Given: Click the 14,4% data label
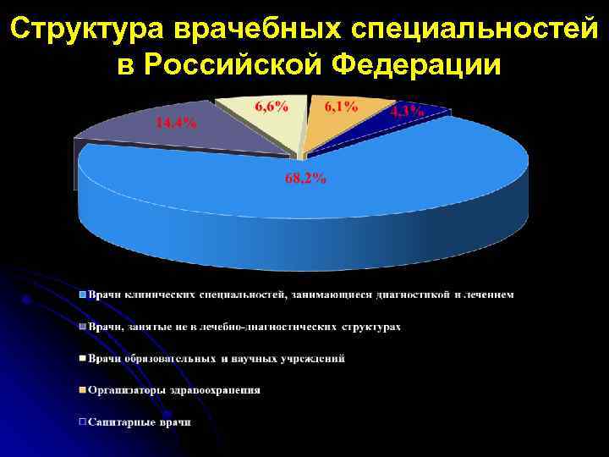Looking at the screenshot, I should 176,122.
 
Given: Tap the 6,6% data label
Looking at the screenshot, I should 271,107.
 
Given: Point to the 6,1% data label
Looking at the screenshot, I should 340,107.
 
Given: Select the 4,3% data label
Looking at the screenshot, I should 407,113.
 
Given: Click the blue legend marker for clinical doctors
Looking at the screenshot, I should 83,295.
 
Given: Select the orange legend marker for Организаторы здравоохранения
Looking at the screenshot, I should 83,390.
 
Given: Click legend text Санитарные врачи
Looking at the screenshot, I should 140,421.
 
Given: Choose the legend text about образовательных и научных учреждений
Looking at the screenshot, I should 217,359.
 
